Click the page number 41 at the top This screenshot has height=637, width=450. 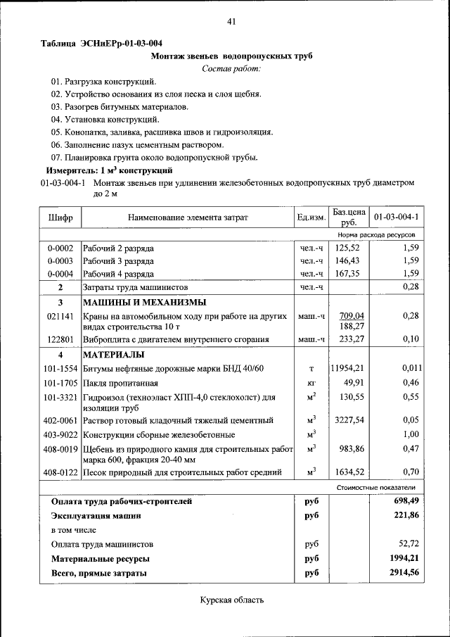(231, 22)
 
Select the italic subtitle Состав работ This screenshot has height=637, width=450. (231, 68)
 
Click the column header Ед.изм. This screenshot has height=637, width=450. (311, 217)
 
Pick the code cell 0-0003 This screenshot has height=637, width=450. (60, 260)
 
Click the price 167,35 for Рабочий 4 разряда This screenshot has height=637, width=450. (348, 274)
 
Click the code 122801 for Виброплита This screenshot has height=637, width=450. (60, 339)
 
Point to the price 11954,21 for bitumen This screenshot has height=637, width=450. (348, 368)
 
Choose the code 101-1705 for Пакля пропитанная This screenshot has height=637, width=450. (60, 383)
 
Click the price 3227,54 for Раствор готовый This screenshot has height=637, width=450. (348, 420)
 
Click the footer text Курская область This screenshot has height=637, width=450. (231, 600)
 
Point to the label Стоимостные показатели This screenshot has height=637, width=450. (376, 487)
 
